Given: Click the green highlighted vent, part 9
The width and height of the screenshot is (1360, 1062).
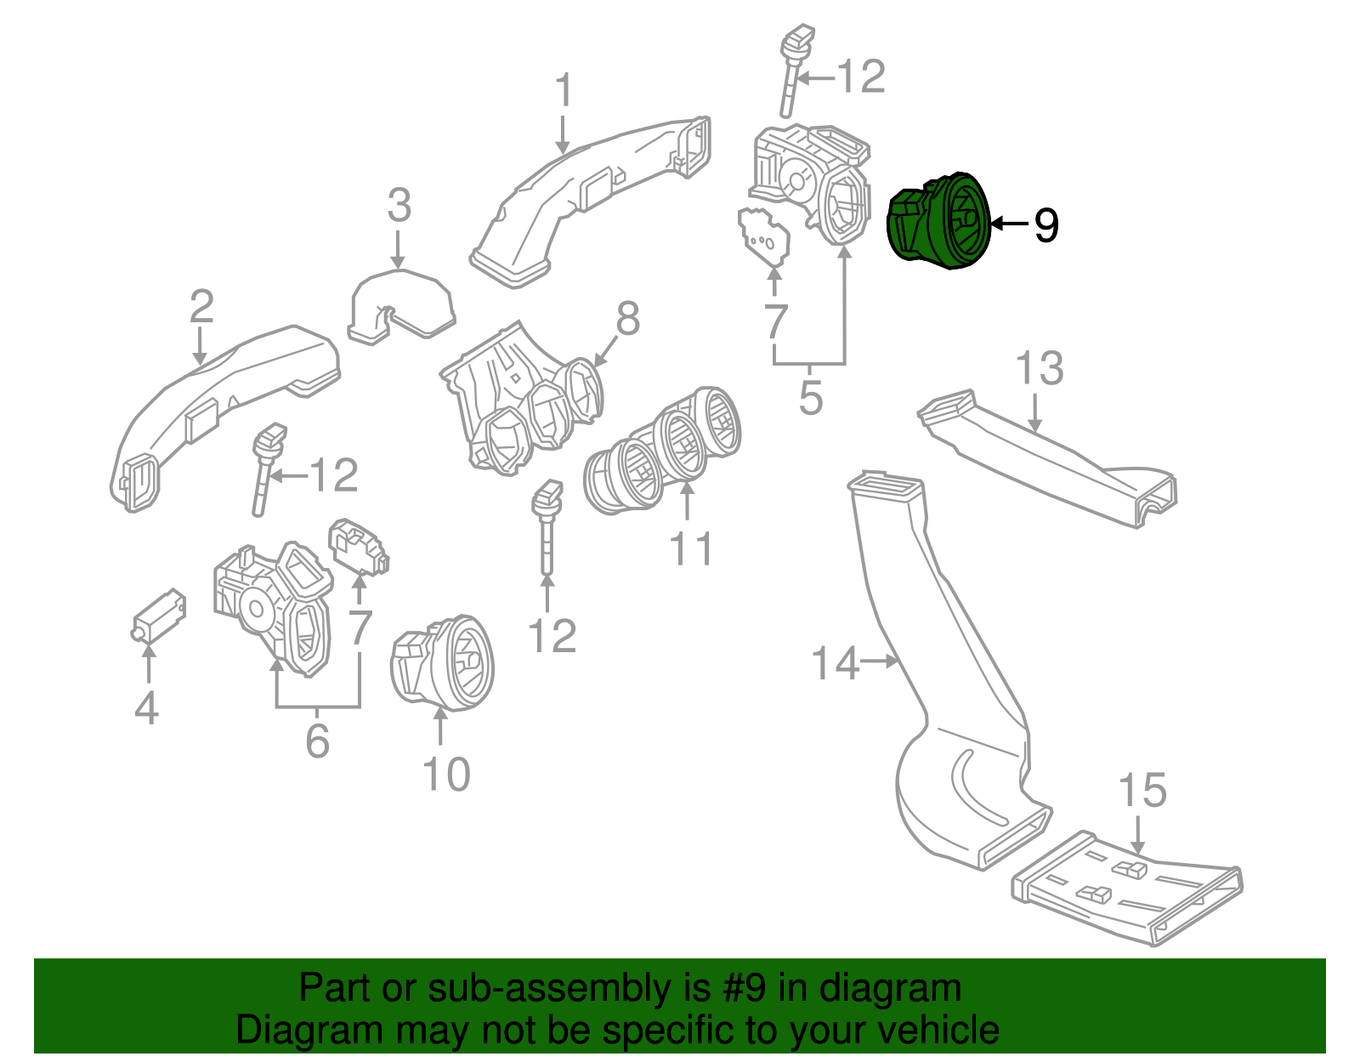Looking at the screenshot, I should (x=940, y=221).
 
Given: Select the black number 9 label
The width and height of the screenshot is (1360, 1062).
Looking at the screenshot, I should (x=1045, y=225).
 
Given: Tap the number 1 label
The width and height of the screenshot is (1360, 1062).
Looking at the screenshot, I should (x=564, y=91).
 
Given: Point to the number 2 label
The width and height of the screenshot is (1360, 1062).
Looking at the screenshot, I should (x=201, y=307).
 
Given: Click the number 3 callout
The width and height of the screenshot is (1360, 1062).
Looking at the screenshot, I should (x=399, y=206).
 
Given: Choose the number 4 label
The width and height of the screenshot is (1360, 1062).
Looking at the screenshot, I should (x=146, y=707).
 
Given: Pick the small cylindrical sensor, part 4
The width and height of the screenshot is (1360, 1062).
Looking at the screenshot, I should (x=160, y=615).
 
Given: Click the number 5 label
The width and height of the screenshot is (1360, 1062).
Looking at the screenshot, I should (x=811, y=398).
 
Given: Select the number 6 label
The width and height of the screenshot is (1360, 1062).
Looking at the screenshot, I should (x=317, y=741).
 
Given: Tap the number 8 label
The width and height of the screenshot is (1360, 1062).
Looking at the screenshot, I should (x=627, y=320).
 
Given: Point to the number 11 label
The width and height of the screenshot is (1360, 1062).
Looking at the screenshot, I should (x=691, y=548).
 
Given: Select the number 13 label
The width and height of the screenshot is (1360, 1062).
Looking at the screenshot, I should (x=1039, y=369).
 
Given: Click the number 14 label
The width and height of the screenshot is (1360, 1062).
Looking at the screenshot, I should (x=836, y=663).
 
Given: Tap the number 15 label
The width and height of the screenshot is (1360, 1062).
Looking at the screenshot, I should (x=1142, y=791).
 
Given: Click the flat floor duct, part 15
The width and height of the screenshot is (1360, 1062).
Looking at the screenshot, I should (x=1126, y=889).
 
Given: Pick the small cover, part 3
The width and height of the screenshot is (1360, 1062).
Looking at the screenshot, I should (x=401, y=304).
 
